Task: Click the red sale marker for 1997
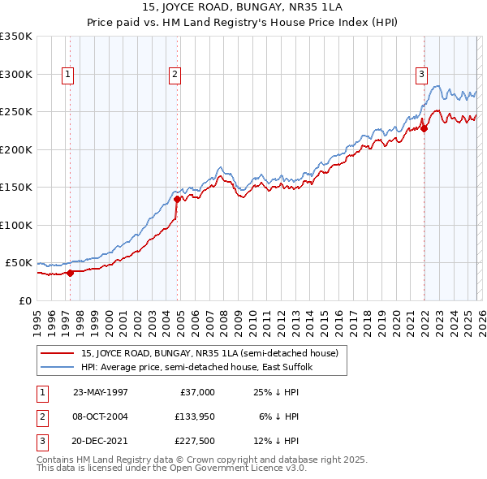71,273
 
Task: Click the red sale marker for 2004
177,198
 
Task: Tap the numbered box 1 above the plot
67,75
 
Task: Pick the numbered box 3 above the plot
421,75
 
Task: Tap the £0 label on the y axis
24,300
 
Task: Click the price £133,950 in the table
192,416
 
